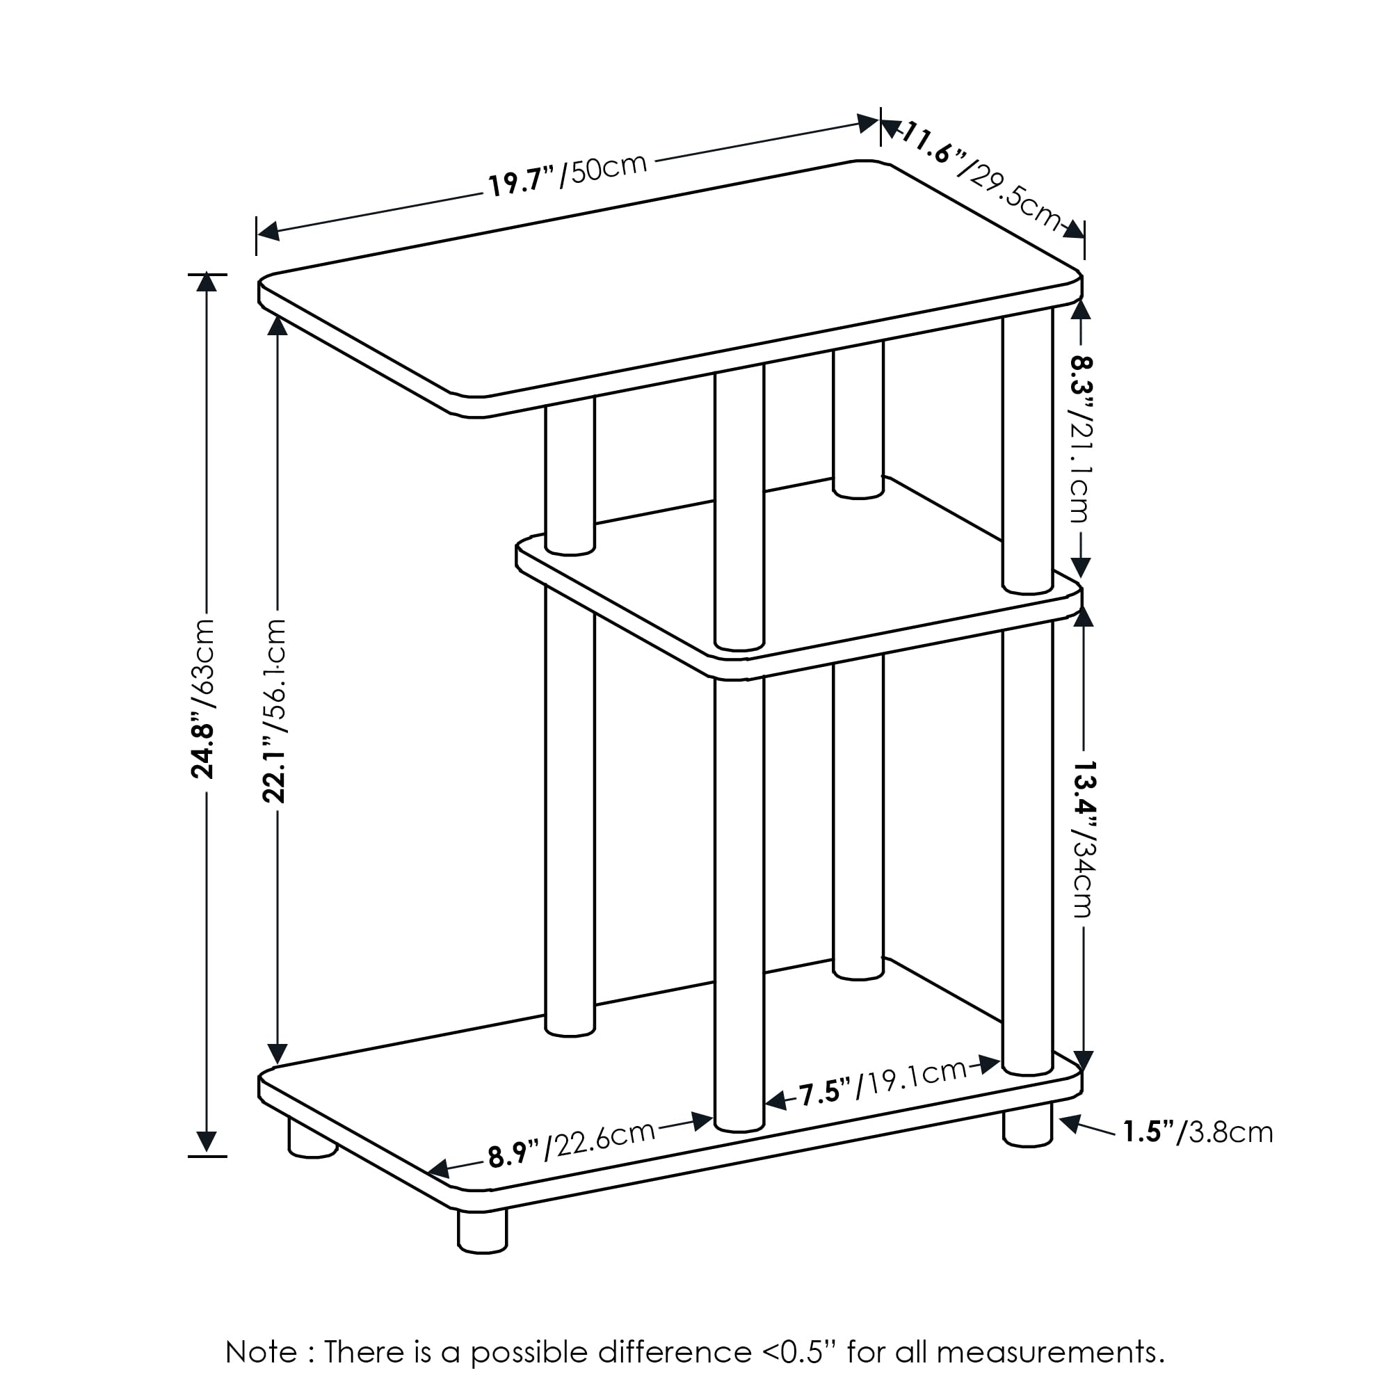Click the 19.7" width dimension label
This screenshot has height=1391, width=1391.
point(568,175)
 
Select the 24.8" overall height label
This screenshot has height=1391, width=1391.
point(204,698)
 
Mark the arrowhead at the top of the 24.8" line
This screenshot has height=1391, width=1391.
point(207,282)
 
